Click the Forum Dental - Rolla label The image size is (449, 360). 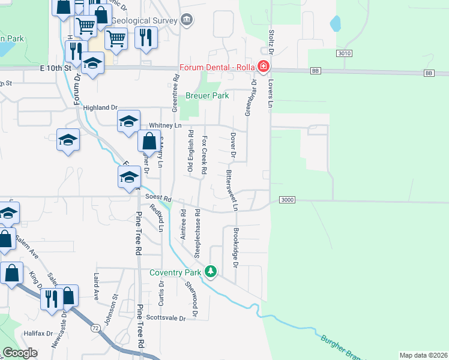tap(217, 67)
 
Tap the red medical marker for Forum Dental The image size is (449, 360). tap(262, 66)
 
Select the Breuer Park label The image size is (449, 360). tap(207, 95)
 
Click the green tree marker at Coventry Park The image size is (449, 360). tap(210, 272)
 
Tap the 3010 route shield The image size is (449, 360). tap(344, 53)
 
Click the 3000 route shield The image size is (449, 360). tap(288, 200)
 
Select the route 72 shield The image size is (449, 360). tap(96, 328)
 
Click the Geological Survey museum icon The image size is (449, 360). tap(187, 20)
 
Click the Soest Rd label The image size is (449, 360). tap(160, 199)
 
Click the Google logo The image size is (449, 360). tap(20, 352)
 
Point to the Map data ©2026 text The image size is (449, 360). tap(423, 355)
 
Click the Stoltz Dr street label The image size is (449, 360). tap(271, 41)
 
